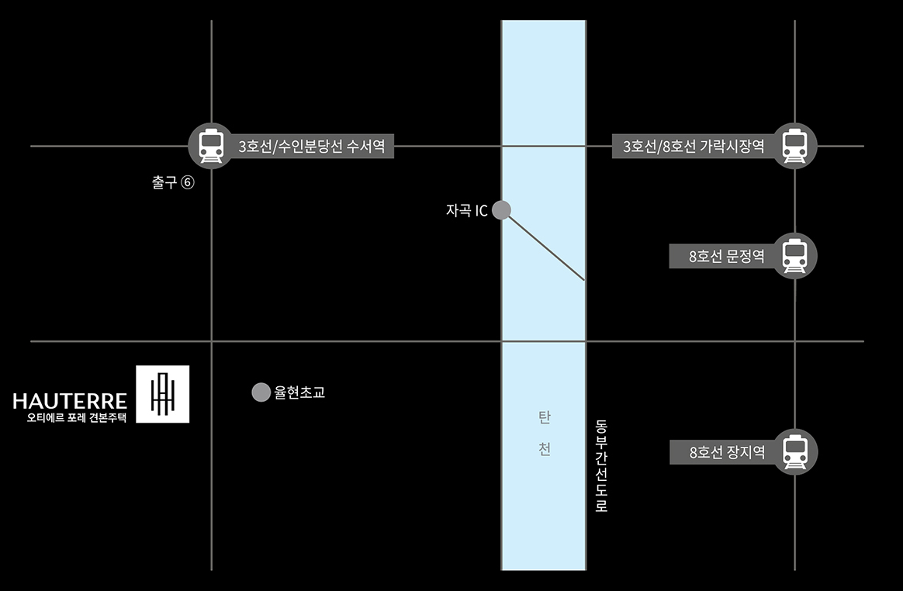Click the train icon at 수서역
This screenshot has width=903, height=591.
(x=211, y=146)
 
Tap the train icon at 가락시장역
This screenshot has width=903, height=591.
(x=794, y=146)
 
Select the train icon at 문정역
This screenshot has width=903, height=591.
(x=794, y=255)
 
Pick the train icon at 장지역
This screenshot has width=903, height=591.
(x=794, y=451)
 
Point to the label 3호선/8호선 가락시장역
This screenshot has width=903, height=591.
(x=694, y=146)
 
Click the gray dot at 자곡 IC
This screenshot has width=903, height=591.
(x=501, y=209)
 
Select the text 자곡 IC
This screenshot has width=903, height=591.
(x=467, y=210)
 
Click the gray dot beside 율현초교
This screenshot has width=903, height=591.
(x=261, y=392)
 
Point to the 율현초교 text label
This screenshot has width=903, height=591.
(x=299, y=392)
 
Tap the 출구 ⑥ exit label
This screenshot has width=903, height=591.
(x=172, y=184)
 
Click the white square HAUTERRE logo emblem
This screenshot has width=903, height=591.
(x=162, y=394)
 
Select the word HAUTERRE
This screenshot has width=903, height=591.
(x=70, y=401)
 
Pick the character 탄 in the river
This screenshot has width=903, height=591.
(x=544, y=418)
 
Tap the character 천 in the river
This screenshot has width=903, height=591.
(x=544, y=450)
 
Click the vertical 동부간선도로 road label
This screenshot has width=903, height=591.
(x=601, y=465)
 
